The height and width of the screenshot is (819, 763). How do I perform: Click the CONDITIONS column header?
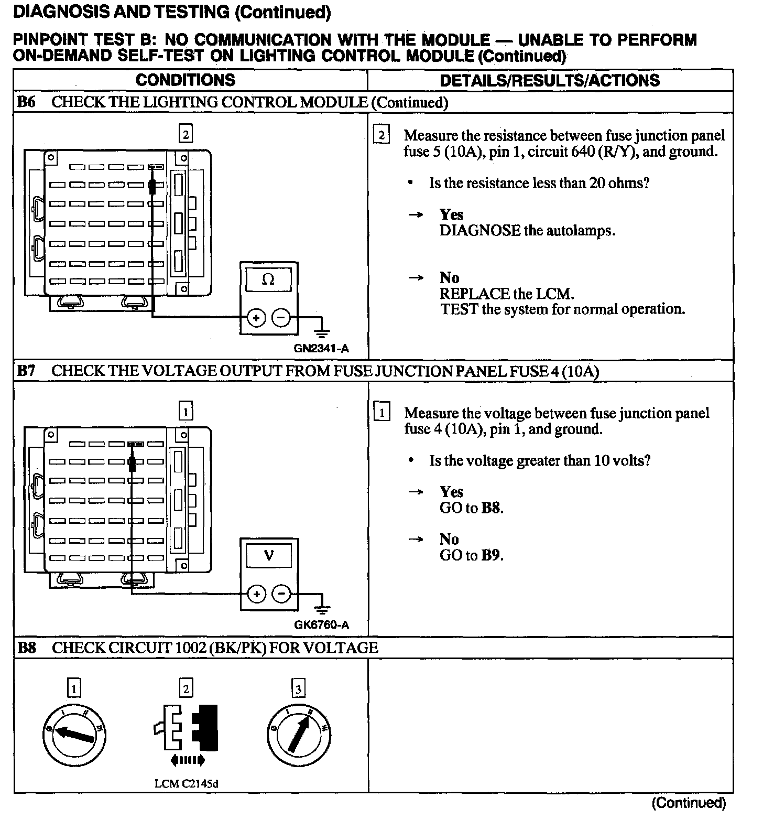[x=186, y=80]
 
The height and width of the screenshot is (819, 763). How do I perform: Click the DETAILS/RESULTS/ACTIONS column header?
[x=550, y=80]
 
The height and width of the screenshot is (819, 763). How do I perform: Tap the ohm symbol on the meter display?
[x=268, y=279]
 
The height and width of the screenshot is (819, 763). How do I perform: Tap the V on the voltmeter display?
[x=269, y=555]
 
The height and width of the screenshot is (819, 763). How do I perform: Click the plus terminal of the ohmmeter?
[x=256, y=318]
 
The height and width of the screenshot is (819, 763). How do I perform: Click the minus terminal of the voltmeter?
[x=282, y=594]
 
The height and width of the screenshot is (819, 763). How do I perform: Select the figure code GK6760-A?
[x=321, y=624]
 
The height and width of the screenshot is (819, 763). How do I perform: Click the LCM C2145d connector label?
[x=186, y=784]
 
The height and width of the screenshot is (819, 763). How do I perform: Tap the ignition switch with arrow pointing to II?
[x=299, y=734]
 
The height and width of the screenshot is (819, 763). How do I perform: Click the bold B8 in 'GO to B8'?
[x=491, y=508]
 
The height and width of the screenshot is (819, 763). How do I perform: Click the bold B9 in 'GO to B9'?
[x=491, y=555]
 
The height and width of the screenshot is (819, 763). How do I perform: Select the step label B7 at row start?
[x=26, y=371]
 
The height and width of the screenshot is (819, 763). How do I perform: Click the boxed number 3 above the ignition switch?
[x=298, y=688]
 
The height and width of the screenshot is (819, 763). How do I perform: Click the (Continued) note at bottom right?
[x=689, y=803]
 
